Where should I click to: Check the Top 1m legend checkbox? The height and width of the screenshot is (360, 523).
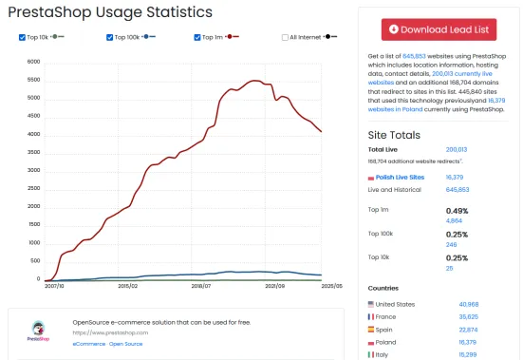[196, 37]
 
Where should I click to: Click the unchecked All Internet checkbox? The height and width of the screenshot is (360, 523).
[285, 37]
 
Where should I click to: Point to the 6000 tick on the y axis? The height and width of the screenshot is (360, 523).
[33, 62]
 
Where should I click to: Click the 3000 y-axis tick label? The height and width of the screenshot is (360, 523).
[33, 171]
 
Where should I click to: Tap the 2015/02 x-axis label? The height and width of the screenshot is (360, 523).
[128, 285]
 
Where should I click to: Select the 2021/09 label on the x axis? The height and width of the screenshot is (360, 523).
[276, 285]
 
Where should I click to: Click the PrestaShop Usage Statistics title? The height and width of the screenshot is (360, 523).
[110, 12]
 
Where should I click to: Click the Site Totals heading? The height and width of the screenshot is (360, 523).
[395, 135]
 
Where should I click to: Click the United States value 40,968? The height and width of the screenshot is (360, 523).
[459, 303]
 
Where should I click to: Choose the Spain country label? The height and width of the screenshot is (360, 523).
[388, 330]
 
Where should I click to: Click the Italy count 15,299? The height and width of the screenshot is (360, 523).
[459, 354]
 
